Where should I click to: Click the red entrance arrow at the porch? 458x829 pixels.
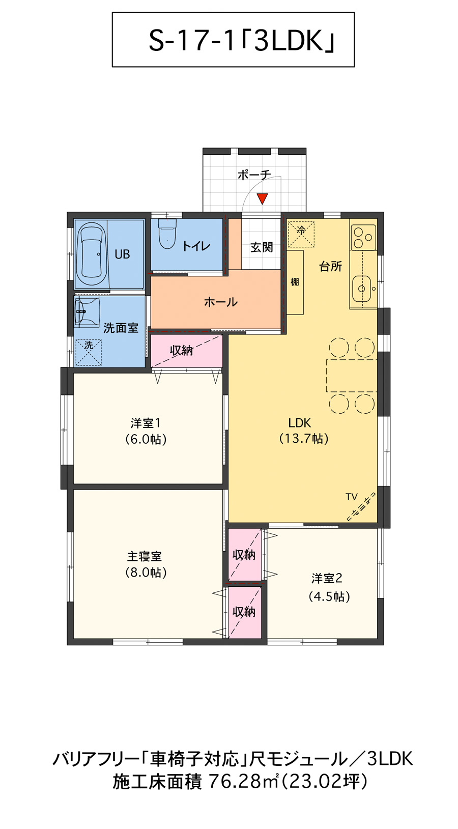(x=262, y=198)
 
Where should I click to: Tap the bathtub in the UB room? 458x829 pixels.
(x=92, y=253)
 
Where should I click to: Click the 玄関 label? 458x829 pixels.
(x=262, y=247)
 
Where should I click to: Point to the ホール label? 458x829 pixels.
(x=221, y=302)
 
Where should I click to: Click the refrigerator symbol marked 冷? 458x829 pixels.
(x=301, y=233)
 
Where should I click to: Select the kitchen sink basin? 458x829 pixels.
(x=362, y=289)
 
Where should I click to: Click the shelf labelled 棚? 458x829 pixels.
(x=295, y=282)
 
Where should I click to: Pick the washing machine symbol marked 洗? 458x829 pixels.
(x=89, y=352)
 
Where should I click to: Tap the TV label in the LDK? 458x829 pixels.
(x=351, y=497)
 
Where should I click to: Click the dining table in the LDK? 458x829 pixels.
(x=351, y=376)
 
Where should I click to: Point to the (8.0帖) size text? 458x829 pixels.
(x=146, y=573)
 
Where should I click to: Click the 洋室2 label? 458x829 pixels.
(x=327, y=578)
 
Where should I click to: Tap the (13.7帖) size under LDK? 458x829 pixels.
(x=304, y=438)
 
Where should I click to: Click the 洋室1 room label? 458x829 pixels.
(x=146, y=423)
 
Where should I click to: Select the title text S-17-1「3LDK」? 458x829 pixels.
(x=241, y=41)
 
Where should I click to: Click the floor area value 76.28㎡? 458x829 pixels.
(x=244, y=781)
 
